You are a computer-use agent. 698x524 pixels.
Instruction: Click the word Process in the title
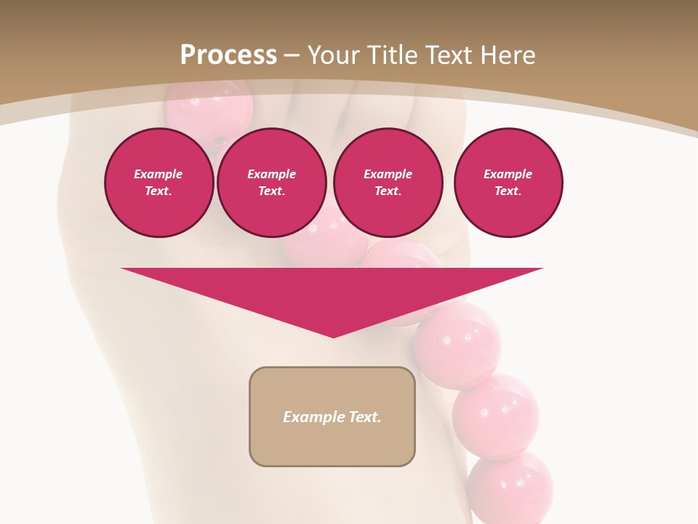tap(228, 55)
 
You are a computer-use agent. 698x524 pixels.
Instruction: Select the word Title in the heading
tap(393, 55)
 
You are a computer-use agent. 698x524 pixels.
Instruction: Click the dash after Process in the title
tap(292, 56)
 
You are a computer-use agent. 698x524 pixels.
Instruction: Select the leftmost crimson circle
tap(159, 183)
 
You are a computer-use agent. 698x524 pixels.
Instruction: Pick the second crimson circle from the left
tap(271, 183)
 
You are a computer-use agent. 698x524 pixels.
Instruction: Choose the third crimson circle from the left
tap(388, 183)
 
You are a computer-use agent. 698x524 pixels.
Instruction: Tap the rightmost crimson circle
tap(508, 183)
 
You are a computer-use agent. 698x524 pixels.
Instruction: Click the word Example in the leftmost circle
tap(159, 174)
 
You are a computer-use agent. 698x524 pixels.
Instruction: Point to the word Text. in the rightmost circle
tap(508, 191)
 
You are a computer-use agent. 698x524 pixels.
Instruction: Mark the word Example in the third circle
tap(388, 174)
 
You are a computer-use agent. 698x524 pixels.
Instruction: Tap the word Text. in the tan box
tap(365, 417)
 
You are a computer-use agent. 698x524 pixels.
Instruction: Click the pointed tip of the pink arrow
tap(333, 336)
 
